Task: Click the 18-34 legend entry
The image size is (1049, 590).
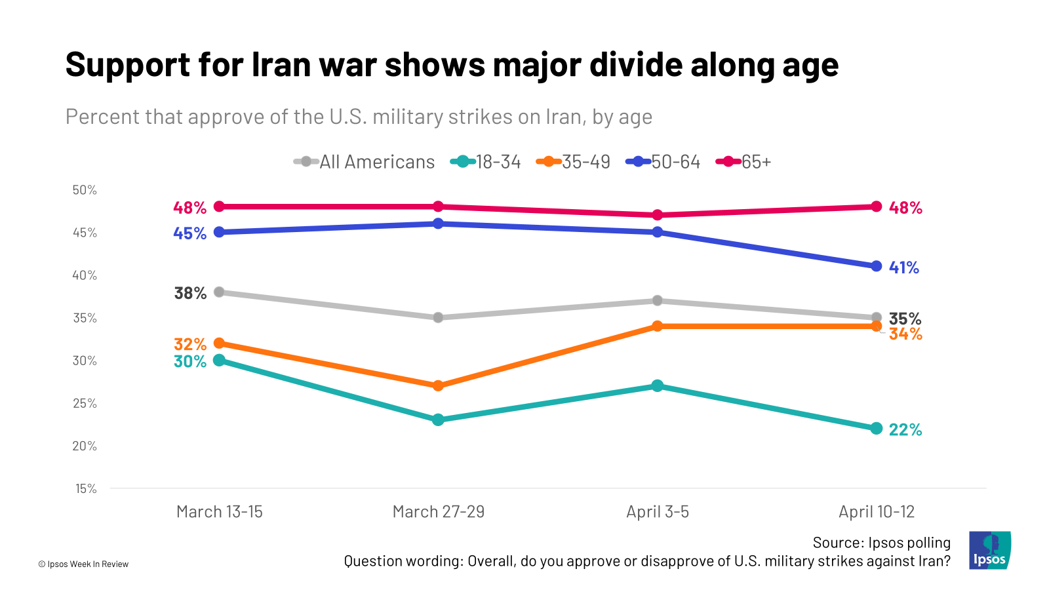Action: coord(486,162)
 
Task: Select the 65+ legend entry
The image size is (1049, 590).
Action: coord(743,162)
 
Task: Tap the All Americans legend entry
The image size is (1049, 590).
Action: coord(365,162)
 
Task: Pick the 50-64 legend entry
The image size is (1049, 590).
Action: coord(663,162)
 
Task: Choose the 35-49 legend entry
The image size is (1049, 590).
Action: coord(574,162)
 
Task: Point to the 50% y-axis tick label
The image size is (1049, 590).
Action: coord(85,190)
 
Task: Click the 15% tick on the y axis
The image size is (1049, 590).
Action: coord(86,488)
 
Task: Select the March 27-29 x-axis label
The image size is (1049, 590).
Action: coord(439,512)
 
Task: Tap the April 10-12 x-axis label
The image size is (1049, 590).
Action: coord(877,512)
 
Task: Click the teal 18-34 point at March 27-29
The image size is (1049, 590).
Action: coord(439,420)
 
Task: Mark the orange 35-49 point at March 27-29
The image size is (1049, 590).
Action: coord(439,385)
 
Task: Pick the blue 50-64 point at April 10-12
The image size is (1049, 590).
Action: coord(877,266)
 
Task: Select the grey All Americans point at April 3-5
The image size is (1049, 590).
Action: coord(658,300)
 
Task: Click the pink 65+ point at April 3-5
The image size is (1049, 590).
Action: coord(658,215)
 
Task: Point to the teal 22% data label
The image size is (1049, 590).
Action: coord(905,430)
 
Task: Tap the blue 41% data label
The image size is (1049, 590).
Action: coord(904,267)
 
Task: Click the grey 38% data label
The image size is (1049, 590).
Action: coord(190,293)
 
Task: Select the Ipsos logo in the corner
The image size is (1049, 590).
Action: coord(990,550)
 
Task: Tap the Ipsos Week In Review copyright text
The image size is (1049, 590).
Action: coord(83,564)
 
